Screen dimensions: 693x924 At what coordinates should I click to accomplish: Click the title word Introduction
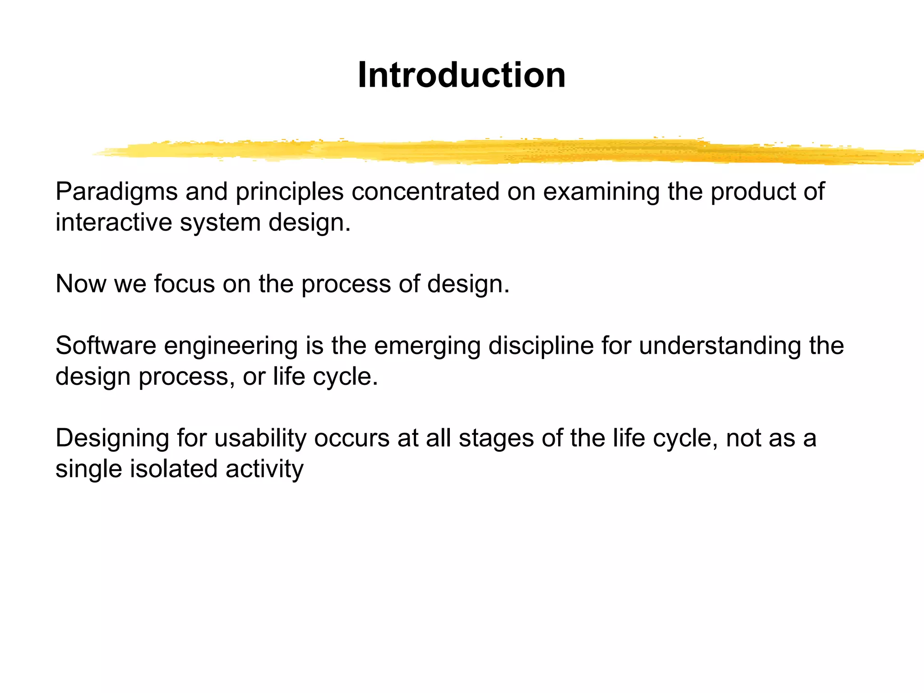coord(461,75)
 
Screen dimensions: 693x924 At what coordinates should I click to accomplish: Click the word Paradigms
coord(116,192)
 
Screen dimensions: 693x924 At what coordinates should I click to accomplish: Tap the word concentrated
coord(425,191)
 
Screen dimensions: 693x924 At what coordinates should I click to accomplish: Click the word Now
coord(81,284)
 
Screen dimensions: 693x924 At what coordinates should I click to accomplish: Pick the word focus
coord(184,284)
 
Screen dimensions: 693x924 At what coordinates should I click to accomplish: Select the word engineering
coord(231,346)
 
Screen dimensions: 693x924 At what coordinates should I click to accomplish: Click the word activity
coord(264,470)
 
